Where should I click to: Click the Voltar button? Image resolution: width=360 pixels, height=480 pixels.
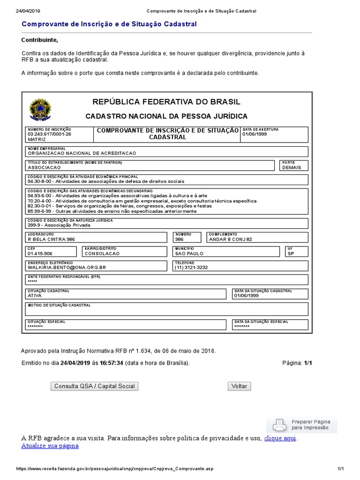tap(239, 386)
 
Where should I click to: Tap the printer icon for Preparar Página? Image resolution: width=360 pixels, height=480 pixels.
tap(278, 425)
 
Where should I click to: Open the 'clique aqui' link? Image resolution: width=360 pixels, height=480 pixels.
tap(280, 438)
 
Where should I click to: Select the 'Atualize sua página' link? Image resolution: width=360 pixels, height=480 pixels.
tap(50, 446)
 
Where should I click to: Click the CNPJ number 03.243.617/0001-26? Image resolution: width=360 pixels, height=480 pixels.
tap(50, 134)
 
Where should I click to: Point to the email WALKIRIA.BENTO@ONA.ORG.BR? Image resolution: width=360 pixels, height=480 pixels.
tap(67, 267)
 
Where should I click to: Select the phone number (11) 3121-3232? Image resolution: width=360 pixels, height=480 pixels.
tap(191, 267)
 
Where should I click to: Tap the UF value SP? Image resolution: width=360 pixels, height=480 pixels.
tap(291, 253)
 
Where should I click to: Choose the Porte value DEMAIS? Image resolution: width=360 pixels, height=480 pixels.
tap(292, 167)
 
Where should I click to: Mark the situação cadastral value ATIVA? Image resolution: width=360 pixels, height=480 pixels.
tap(35, 296)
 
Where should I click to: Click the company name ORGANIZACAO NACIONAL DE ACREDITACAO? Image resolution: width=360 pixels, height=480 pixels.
tap(82, 153)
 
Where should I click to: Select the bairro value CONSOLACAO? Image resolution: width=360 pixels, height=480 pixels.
tap(102, 253)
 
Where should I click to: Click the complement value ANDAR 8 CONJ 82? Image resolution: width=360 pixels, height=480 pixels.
tap(230, 239)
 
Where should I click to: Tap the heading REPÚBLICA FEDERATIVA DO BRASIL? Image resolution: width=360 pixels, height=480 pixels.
tap(166, 102)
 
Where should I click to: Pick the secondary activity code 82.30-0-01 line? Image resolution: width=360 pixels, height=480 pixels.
tap(120, 206)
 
